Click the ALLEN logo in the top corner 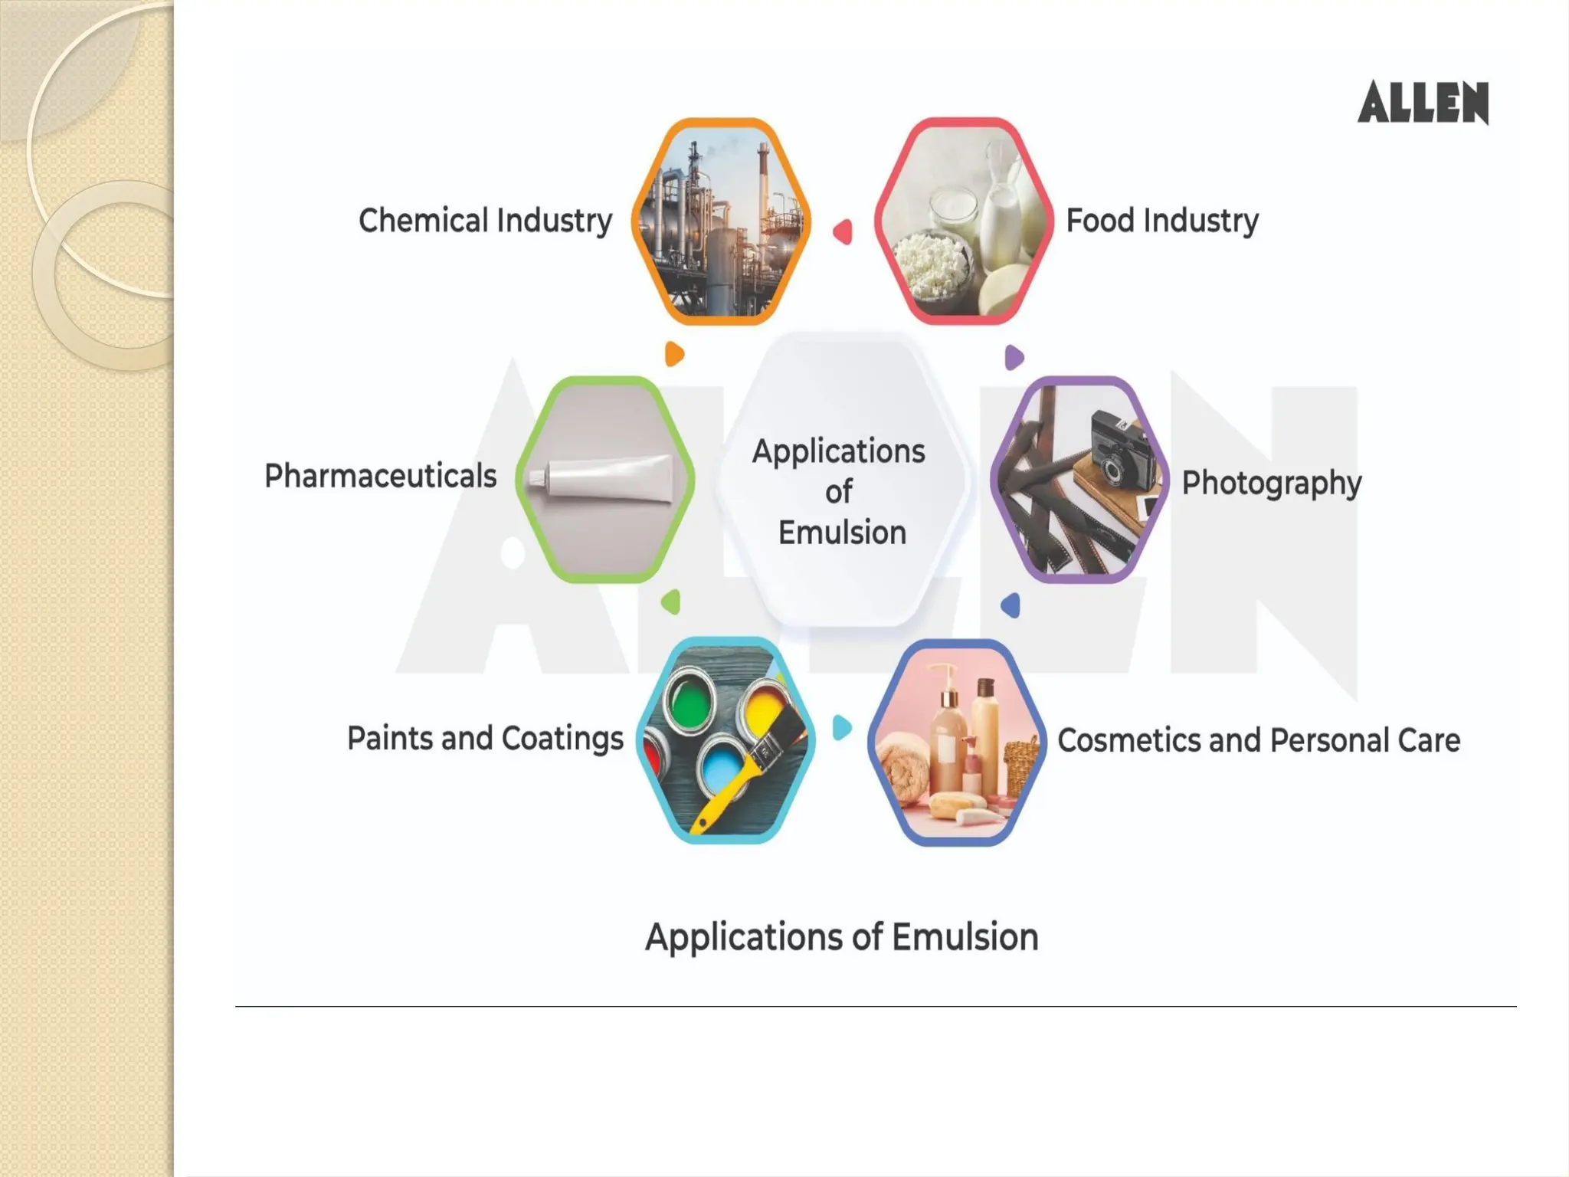click(1423, 103)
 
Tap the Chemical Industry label click(485, 221)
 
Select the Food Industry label click(1161, 221)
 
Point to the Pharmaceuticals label click(380, 476)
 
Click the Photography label click(1271, 483)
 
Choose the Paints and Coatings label click(485, 739)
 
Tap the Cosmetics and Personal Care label click(1258, 740)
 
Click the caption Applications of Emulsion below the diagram click(841, 936)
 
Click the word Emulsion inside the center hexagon click(842, 533)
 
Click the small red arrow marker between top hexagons click(843, 231)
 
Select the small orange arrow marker click(674, 354)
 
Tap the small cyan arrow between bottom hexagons click(841, 727)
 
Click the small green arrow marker click(671, 602)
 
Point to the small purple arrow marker click(1014, 357)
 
